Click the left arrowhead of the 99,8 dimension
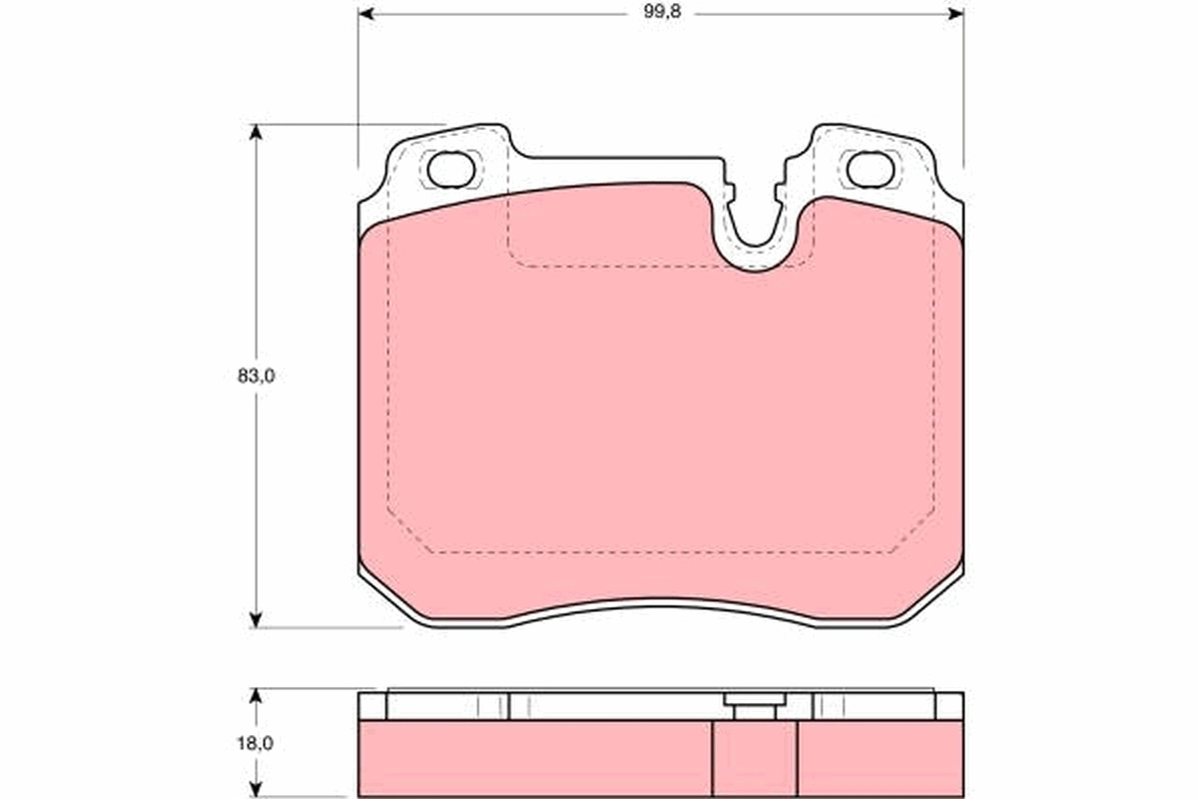366,14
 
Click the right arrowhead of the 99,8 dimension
955,14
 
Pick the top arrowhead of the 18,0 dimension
257,695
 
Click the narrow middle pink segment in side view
755,759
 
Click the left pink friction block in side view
534,759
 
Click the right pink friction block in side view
881,759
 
